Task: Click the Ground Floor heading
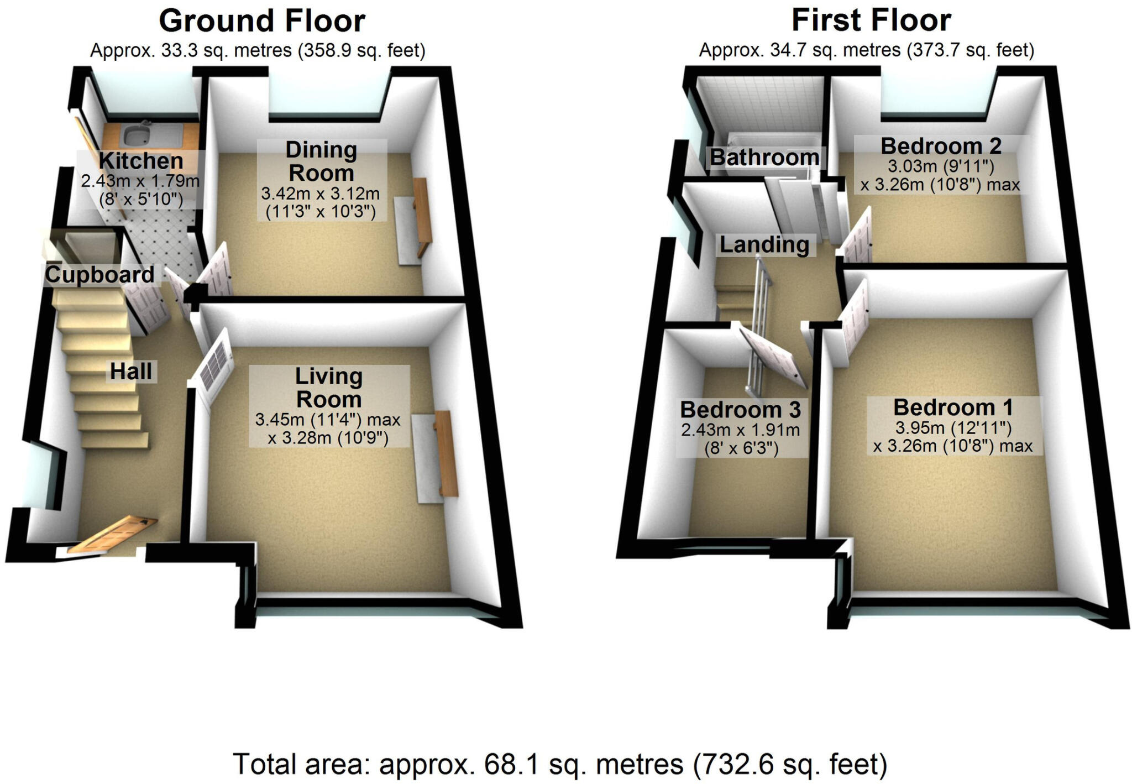pyautogui.click(x=261, y=22)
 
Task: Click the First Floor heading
pyautogui.click(x=871, y=20)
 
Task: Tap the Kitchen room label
pyautogui.click(x=141, y=161)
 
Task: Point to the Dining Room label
pyautogui.click(x=321, y=161)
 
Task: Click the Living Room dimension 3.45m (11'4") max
pyautogui.click(x=327, y=420)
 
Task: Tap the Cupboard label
pyautogui.click(x=99, y=275)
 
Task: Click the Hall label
pyautogui.click(x=131, y=372)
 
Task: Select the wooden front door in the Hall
pyautogui.click(x=113, y=534)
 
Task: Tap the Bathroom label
pyautogui.click(x=764, y=158)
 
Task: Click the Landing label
pyautogui.click(x=764, y=244)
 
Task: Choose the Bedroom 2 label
pyautogui.click(x=941, y=147)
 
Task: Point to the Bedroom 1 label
pyautogui.click(x=953, y=407)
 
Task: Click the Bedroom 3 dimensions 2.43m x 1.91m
pyautogui.click(x=740, y=430)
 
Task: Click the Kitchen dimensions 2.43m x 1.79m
pyautogui.click(x=140, y=181)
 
